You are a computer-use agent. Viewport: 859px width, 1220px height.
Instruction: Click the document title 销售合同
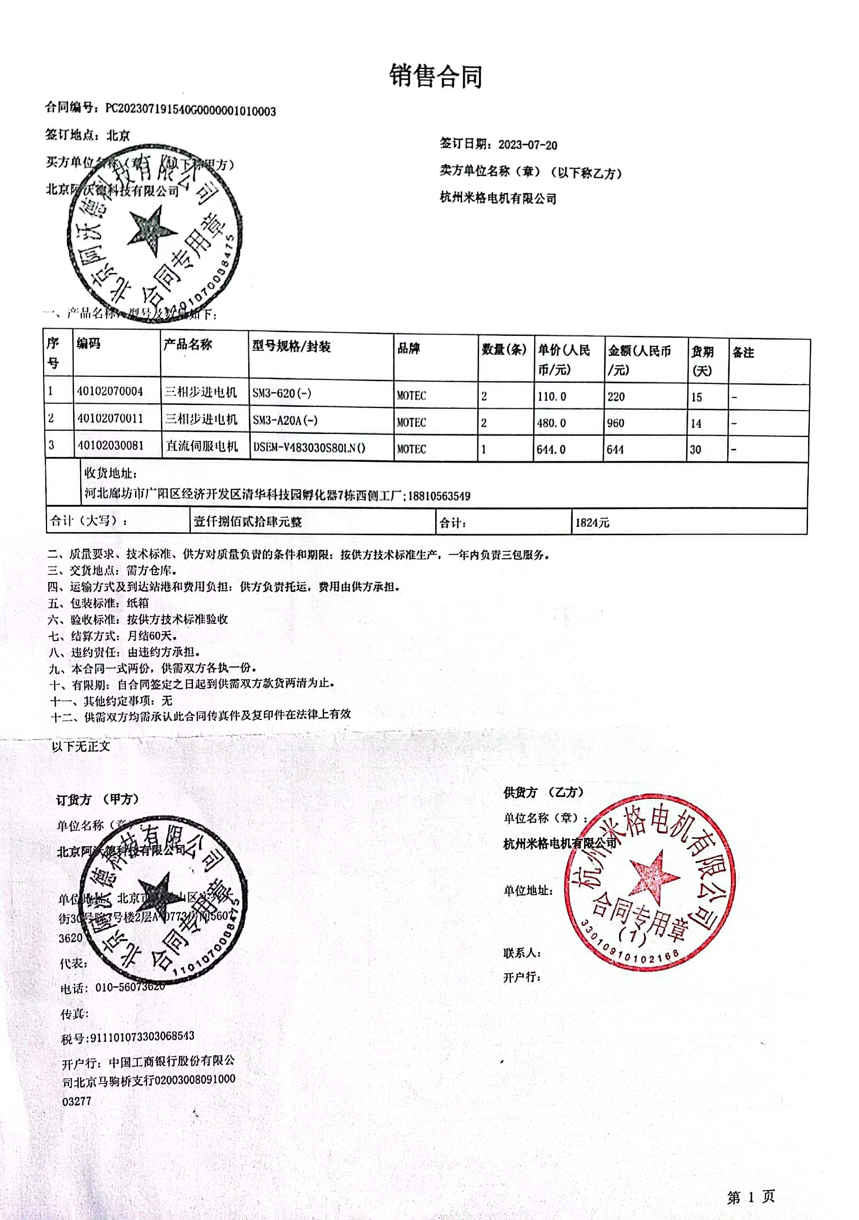point(436,76)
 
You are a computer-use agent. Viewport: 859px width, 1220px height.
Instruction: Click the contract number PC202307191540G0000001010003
point(190,110)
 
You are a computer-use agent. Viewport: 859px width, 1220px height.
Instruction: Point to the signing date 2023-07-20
point(527,145)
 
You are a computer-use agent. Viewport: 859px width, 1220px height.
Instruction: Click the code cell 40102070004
point(110,392)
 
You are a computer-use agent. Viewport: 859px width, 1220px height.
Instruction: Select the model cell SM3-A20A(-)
point(285,420)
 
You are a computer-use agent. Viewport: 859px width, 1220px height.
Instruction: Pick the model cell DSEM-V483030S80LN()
point(309,448)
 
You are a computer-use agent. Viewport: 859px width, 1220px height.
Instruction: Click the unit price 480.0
point(551,423)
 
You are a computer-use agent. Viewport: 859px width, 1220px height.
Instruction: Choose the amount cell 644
point(615,450)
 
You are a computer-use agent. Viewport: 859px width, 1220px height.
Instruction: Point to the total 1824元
point(592,522)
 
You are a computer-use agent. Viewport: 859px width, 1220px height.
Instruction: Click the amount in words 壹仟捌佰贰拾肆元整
point(248,521)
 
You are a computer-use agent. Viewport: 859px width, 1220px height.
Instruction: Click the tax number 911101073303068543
point(142,1036)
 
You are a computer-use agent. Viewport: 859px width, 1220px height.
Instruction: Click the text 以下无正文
point(81,746)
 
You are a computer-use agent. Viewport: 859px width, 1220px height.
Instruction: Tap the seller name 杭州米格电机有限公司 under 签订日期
point(498,198)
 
